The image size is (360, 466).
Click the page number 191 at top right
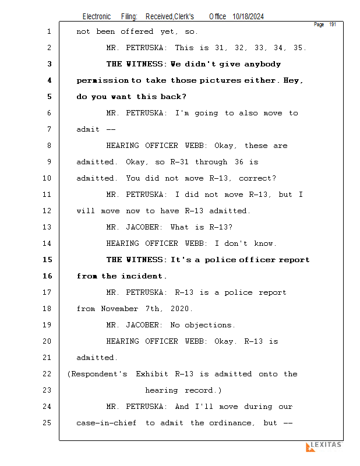333,24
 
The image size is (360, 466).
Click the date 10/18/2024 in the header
248,17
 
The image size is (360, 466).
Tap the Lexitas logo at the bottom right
324,446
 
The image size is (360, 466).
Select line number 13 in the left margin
48,227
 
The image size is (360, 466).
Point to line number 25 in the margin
48,423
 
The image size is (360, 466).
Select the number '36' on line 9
239,162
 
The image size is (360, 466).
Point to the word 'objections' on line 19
210,325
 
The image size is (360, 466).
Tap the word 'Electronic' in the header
97,17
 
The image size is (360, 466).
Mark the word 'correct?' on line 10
257,178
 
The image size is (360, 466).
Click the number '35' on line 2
300,48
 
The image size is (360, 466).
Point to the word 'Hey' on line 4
293,80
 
